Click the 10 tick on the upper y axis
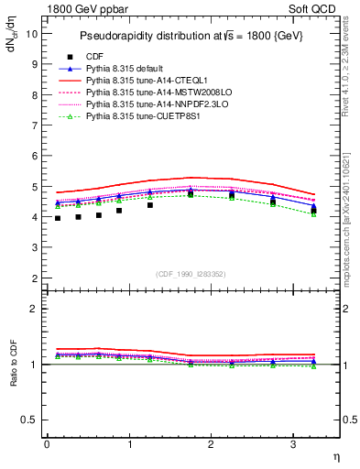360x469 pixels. (x=32, y=34)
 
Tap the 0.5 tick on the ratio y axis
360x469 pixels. (x=30, y=420)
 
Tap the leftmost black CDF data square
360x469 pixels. (x=58, y=218)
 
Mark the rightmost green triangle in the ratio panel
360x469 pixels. (x=314, y=365)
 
